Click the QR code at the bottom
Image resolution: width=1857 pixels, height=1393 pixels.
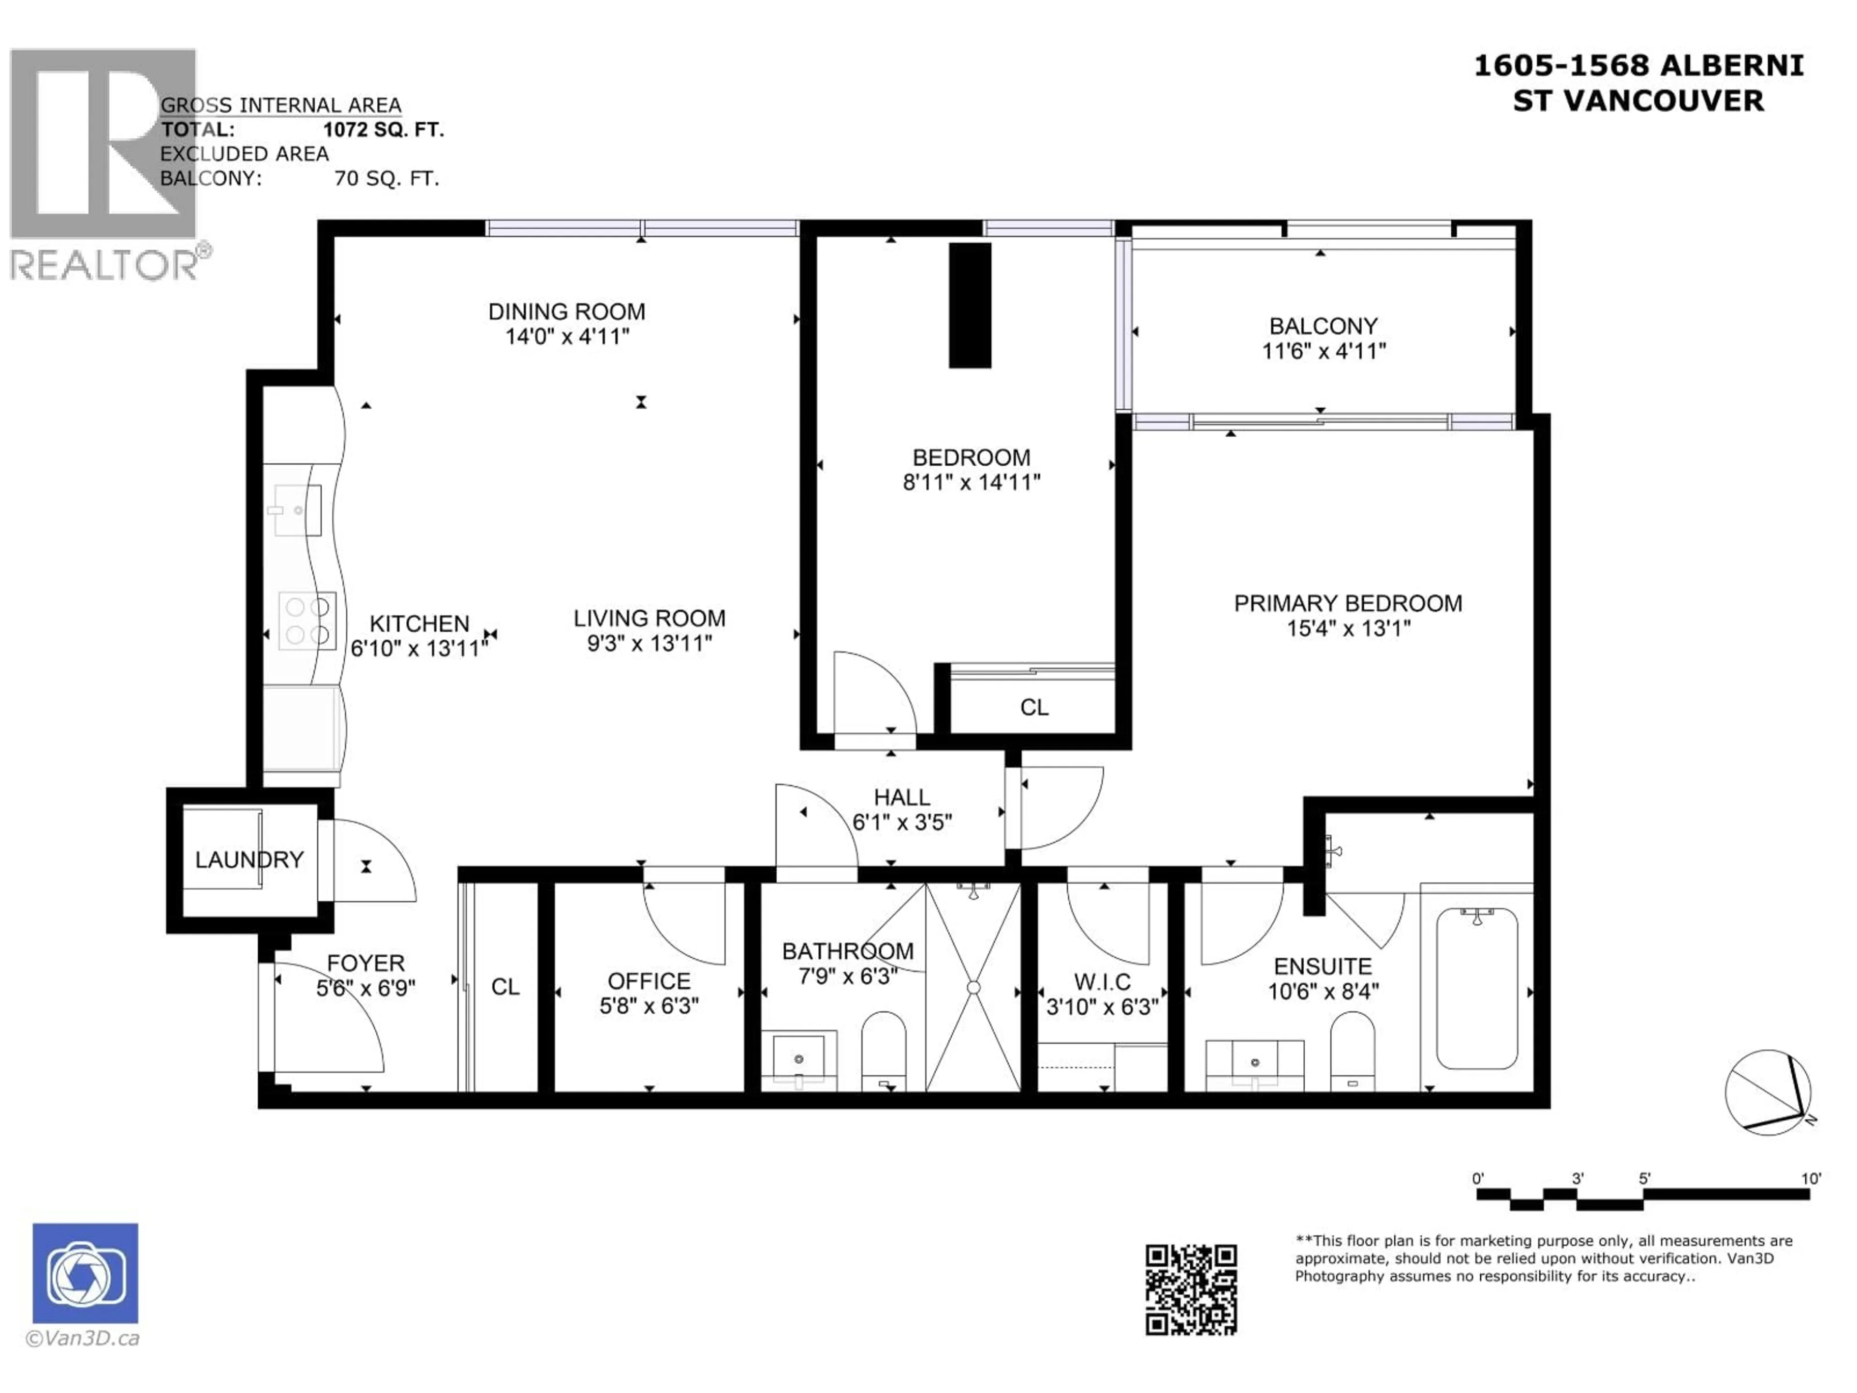1191,1289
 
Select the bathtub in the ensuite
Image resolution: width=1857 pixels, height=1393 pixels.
1477,988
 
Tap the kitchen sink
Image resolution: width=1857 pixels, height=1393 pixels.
295,510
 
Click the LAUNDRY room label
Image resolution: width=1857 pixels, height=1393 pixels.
250,860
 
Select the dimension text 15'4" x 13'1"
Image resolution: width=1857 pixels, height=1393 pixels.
1348,628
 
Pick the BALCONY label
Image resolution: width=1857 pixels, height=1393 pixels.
1323,326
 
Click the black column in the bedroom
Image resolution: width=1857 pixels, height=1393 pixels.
970,306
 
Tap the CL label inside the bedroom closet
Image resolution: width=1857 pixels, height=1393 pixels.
1034,708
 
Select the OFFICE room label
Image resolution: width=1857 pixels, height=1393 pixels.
649,981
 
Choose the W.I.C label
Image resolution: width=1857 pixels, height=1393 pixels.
1102,981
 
